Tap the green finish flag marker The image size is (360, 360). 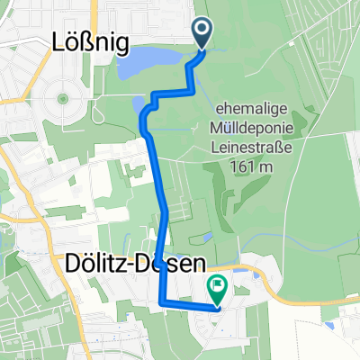(218, 289)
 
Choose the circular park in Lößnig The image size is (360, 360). (63, 96)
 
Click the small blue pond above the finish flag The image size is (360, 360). (207, 237)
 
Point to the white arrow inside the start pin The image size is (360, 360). (202, 31)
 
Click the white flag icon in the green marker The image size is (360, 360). (218, 287)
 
